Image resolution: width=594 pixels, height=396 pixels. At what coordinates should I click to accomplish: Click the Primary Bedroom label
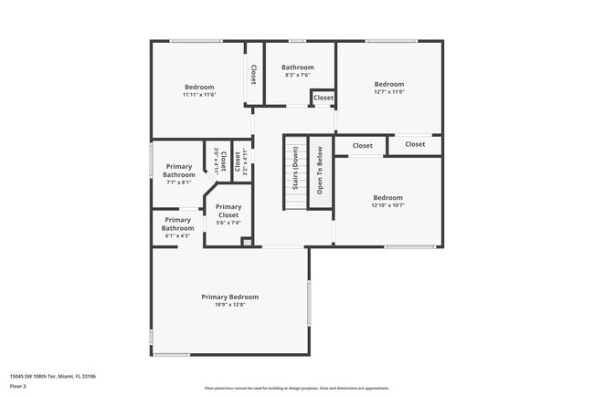click(x=229, y=297)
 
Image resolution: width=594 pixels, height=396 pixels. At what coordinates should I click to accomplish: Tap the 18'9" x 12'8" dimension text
click(x=229, y=305)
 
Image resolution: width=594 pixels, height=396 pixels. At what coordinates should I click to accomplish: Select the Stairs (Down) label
click(x=295, y=172)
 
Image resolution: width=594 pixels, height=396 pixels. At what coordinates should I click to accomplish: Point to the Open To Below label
click(x=320, y=172)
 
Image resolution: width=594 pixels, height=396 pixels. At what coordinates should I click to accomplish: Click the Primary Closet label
click(x=228, y=211)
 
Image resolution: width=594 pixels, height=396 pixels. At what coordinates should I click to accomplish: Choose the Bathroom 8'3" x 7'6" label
click(x=297, y=68)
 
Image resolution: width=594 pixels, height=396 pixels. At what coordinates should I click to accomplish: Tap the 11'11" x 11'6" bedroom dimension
click(x=198, y=95)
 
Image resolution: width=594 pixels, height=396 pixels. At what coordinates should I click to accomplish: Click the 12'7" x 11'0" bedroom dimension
click(x=388, y=91)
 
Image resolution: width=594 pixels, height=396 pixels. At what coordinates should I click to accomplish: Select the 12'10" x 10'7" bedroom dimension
click(x=387, y=205)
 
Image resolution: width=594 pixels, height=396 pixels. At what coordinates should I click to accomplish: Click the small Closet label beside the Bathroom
click(x=324, y=98)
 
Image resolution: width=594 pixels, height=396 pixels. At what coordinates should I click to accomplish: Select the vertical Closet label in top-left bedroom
click(x=253, y=74)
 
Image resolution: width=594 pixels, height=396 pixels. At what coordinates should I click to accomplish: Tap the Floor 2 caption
click(x=18, y=386)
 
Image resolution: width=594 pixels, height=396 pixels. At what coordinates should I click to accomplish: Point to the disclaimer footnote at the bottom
click(x=297, y=388)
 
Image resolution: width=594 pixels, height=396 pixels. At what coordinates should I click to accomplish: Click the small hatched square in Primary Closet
click(x=246, y=242)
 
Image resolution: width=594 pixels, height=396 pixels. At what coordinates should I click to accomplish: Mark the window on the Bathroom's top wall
click(x=297, y=41)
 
